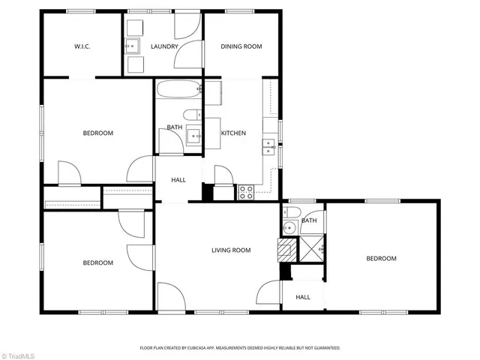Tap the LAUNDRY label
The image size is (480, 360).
[164, 46]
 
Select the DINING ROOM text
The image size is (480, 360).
[241, 46]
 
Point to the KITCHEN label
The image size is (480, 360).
[233, 133]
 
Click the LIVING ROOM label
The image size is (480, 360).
[230, 250]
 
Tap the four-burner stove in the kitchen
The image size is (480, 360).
[246, 192]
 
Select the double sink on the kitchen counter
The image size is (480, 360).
[268, 146]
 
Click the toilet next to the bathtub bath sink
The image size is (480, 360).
[191, 115]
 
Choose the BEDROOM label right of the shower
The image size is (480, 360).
[381, 259]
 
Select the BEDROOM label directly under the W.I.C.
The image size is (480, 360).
[97, 133]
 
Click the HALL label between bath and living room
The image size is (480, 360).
[178, 180]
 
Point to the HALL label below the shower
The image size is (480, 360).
[303, 297]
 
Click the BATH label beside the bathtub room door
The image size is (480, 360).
[174, 127]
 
